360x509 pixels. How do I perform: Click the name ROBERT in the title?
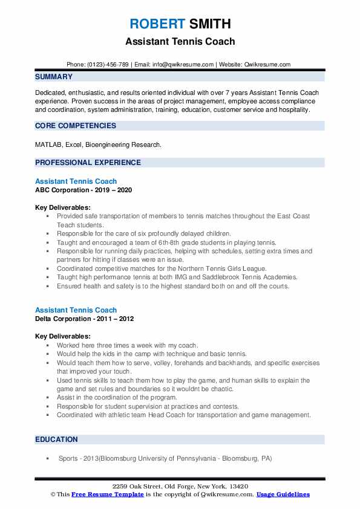(156, 24)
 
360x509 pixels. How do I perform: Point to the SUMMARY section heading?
(54, 77)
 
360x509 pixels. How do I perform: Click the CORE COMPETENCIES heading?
(76, 126)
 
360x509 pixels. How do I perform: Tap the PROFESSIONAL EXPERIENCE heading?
(88, 163)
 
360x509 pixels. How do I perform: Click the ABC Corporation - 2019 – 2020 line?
(83, 190)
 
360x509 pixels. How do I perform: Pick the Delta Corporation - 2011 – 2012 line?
(84, 319)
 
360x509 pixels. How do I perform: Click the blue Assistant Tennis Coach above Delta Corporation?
(76, 310)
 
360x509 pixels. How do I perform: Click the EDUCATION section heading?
(57, 439)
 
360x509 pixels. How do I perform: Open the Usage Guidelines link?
(283, 494)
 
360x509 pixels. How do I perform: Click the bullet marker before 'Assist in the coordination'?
(48, 398)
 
